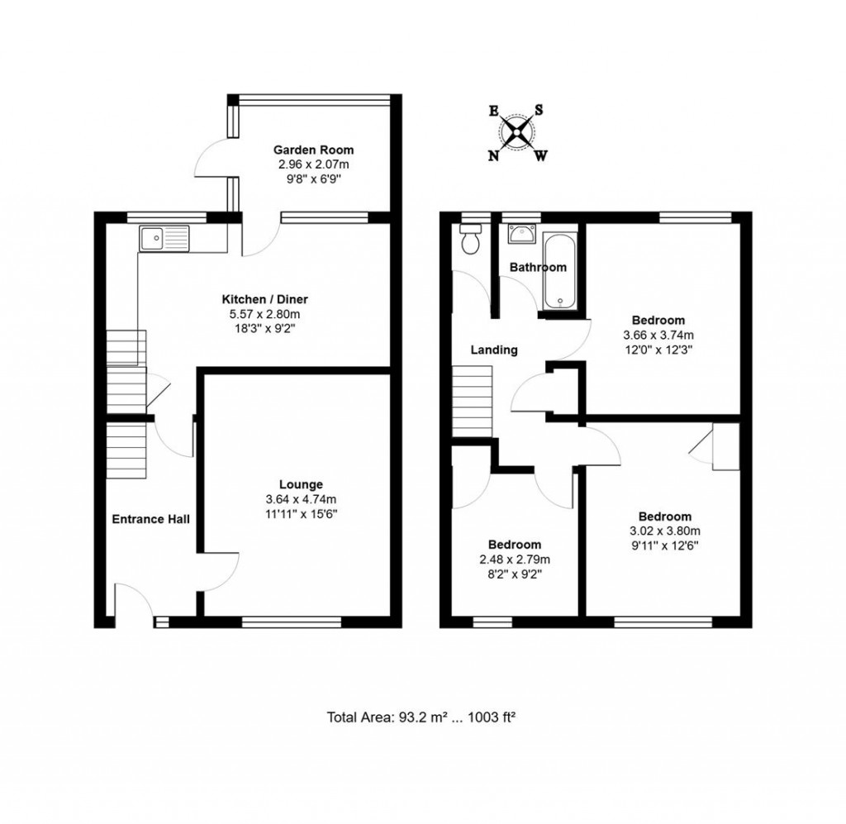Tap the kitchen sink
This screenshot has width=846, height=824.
coord(164,239)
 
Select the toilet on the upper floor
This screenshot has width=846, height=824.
coord(471,241)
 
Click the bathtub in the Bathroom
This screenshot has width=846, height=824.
coord(560,272)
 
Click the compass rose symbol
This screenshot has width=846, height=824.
coord(517,132)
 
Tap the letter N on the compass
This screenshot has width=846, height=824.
coord(493,155)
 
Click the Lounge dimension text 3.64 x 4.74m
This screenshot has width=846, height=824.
coord(301,499)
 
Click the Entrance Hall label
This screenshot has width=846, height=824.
coord(151,519)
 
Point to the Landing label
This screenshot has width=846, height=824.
coord(494,350)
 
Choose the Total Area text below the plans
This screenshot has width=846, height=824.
coord(421,717)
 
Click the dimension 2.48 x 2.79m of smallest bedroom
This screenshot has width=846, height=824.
coord(514,560)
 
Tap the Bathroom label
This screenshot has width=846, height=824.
coord(538,267)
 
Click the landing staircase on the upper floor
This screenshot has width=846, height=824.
coord(473,401)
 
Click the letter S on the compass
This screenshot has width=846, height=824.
coord(539,110)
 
